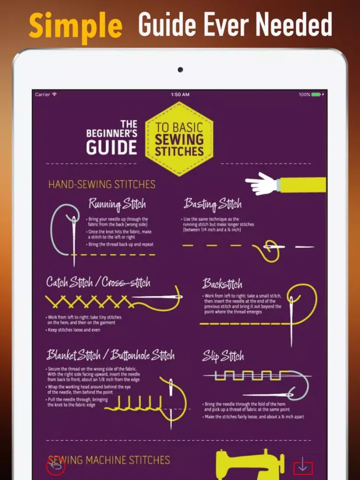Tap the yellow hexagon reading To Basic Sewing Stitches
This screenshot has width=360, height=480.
(179, 139)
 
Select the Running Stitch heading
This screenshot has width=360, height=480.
(117, 204)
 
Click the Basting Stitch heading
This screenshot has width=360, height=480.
(213, 204)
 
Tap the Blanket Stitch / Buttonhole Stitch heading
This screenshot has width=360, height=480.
(110, 355)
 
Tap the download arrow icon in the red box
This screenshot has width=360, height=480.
(303, 467)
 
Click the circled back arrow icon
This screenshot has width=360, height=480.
(56, 467)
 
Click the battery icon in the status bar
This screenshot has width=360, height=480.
(316, 95)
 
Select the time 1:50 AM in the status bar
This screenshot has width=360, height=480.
(180, 95)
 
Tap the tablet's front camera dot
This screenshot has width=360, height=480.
(180, 70)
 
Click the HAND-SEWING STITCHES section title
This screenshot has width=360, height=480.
(102, 184)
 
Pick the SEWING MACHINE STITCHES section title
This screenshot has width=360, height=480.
(109, 460)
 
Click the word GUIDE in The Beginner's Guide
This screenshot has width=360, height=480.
(111, 147)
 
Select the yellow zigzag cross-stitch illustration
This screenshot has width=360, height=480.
(89, 301)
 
